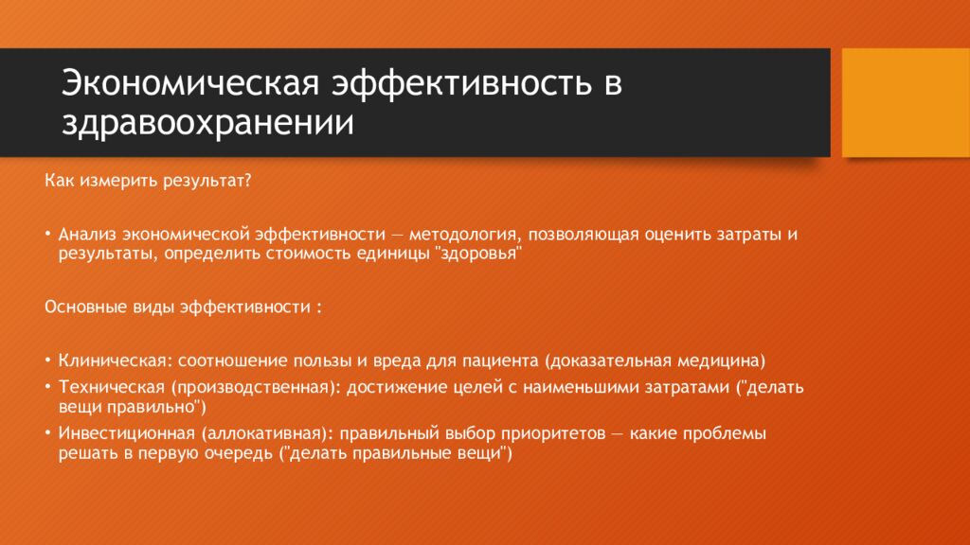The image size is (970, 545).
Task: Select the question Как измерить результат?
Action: click(x=148, y=180)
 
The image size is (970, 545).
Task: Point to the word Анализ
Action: click(x=87, y=233)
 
